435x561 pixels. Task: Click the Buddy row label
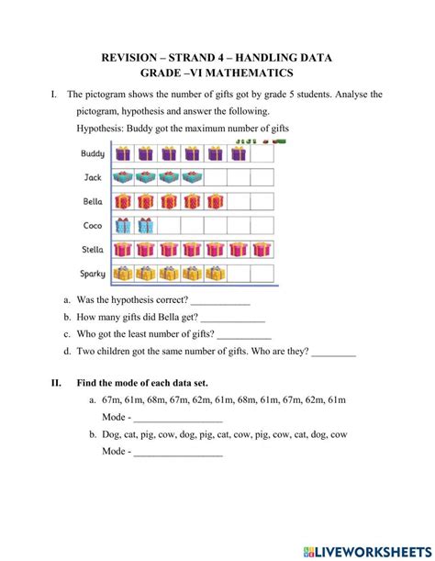(93, 153)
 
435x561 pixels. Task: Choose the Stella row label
(92, 249)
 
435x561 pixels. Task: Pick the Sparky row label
(92, 273)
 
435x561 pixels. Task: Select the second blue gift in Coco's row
(145, 225)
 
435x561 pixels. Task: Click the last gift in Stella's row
(262, 249)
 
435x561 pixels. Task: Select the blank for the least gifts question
(244, 335)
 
